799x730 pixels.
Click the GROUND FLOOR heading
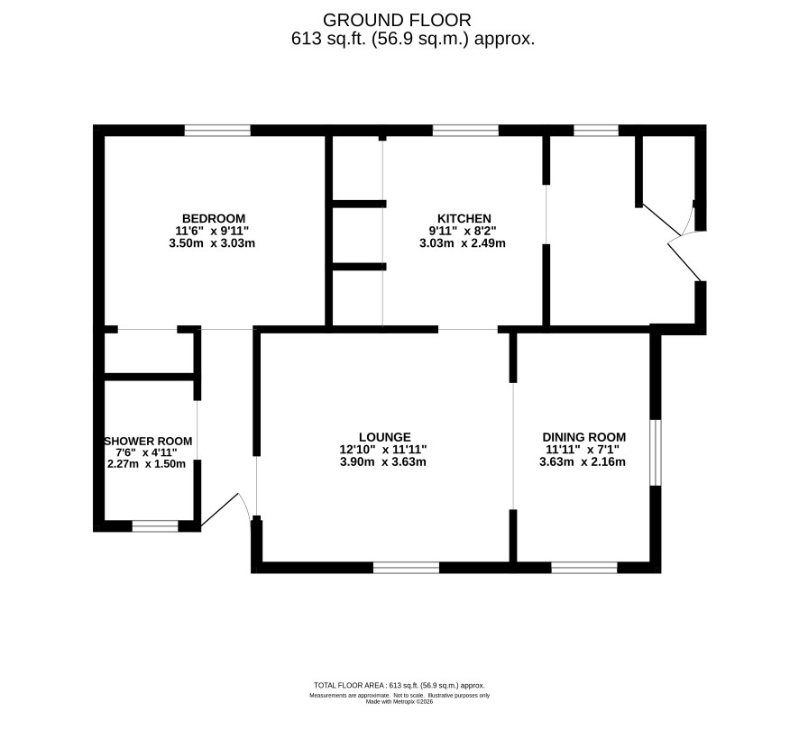(397, 21)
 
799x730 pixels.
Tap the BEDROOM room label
(214, 219)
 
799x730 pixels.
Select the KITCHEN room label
(464, 219)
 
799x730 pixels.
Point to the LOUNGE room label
(385, 437)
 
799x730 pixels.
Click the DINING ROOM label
(584, 437)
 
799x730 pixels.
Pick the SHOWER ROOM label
(148, 442)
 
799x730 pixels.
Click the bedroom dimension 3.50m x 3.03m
(212, 243)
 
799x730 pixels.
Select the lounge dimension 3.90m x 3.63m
(383, 462)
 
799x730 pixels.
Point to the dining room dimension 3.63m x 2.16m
(583, 462)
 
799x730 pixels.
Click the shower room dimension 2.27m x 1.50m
(147, 464)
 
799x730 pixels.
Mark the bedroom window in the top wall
(217, 131)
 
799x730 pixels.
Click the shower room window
(155, 526)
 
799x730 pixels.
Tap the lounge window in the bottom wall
(406, 568)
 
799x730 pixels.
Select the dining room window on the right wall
(656, 452)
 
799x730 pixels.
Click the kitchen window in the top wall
(465, 131)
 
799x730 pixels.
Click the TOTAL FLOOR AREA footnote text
(399, 686)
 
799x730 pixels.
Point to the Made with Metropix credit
(399, 701)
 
